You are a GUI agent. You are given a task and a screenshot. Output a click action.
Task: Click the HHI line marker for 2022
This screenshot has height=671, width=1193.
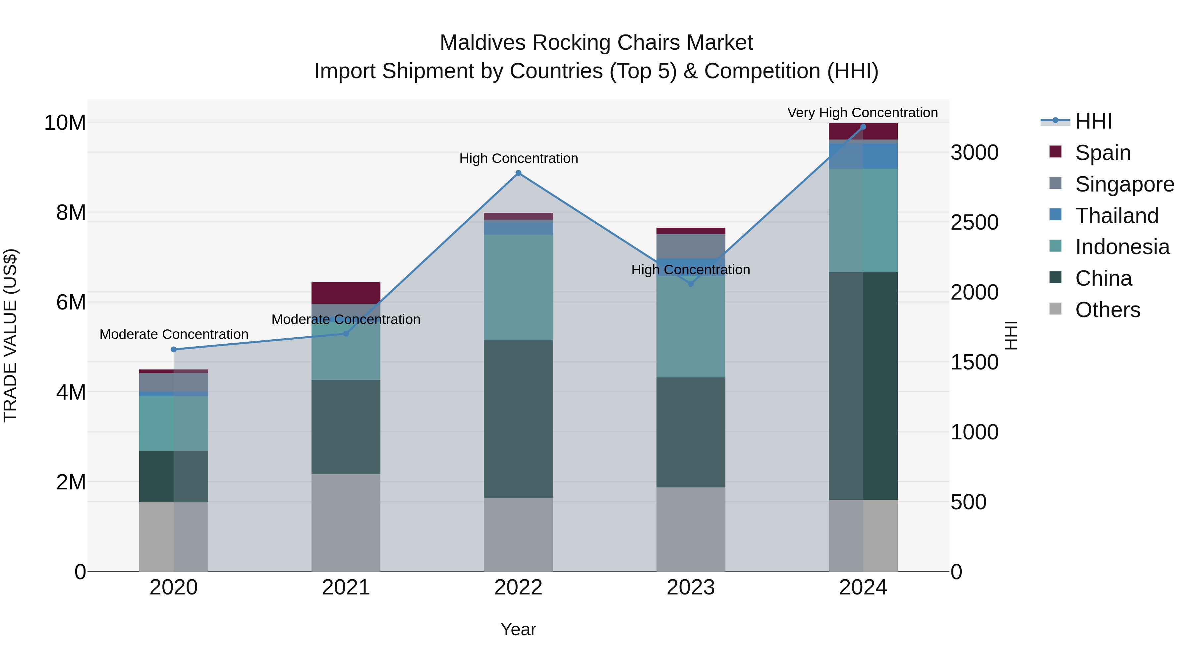pyautogui.click(x=518, y=173)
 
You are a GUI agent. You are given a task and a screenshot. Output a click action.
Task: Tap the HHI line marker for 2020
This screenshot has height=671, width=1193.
pyautogui.click(x=174, y=350)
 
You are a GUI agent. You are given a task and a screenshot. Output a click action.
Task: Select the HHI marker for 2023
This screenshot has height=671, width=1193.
pyautogui.click(x=691, y=284)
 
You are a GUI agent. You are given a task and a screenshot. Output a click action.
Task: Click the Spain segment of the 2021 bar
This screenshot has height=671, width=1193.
pyautogui.click(x=346, y=293)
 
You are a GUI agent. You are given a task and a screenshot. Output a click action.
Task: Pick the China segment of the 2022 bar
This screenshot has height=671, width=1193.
pyautogui.click(x=518, y=419)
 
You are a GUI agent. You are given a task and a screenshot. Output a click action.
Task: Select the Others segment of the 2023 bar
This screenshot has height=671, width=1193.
pyautogui.click(x=691, y=529)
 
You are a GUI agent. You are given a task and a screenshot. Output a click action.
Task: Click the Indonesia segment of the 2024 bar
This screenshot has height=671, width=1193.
pyautogui.click(x=863, y=220)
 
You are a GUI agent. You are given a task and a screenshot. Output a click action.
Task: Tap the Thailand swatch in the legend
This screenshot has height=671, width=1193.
pyautogui.click(x=1055, y=215)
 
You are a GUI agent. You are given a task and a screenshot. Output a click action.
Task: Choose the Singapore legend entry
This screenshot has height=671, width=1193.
pyautogui.click(x=1124, y=184)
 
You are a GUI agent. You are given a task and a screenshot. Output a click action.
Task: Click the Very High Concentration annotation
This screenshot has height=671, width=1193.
pyautogui.click(x=862, y=113)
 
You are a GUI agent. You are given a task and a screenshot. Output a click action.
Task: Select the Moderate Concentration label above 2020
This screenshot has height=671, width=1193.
pyautogui.click(x=174, y=334)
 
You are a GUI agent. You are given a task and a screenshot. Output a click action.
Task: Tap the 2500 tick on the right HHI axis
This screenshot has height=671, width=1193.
pyautogui.click(x=974, y=223)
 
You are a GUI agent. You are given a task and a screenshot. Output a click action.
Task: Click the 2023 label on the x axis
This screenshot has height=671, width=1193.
pyautogui.click(x=691, y=587)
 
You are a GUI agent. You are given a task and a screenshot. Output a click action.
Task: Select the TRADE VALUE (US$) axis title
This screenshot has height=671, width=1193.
pyautogui.click(x=10, y=335)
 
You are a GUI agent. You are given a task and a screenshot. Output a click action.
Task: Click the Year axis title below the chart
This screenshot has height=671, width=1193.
pyautogui.click(x=518, y=629)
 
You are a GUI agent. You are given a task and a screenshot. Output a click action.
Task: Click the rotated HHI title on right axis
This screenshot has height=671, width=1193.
pyautogui.click(x=1011, y=335)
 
